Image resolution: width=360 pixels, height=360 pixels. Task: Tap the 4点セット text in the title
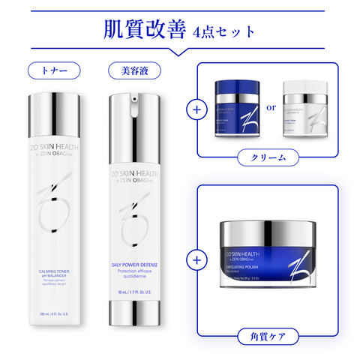223,31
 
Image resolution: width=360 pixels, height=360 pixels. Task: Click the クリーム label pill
267,158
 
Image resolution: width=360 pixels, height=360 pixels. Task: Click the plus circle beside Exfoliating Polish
197,260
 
